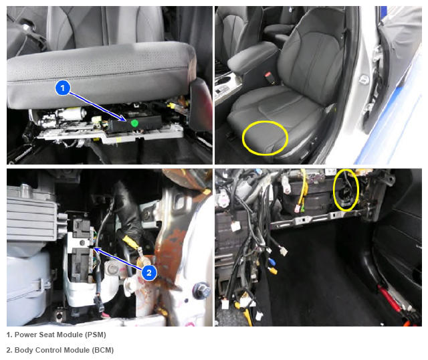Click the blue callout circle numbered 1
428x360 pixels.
coord(63,88)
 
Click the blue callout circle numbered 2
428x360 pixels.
coord(149,272)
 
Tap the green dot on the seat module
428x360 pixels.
coord(134,123)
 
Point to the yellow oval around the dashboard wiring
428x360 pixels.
coord(334,190)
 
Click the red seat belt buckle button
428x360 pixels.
coord(267,74)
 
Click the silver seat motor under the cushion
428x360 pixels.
coord(72,113)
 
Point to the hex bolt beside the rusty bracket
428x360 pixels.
coord(201,290)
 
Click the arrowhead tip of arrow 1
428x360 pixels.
coord(126,120)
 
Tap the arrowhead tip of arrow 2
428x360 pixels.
coord(94,248)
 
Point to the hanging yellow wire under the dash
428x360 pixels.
coord(302,191)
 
